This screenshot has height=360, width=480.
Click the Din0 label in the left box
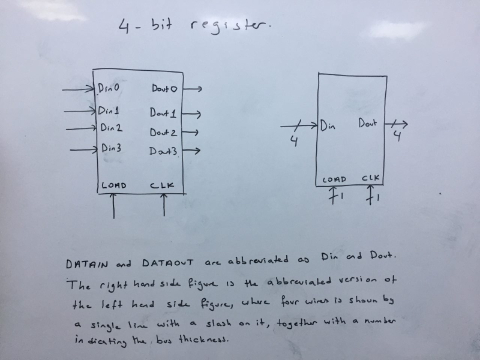(109, 88)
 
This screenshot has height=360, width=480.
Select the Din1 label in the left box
(109, 110)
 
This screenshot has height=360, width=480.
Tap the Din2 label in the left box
(111, 127)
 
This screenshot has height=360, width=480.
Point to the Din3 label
(112, 147)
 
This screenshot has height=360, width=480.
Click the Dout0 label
(164, 89)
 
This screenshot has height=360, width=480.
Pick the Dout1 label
(163, 112)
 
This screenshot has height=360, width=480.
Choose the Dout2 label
(163, 132)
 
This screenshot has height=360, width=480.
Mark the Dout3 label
(163, 152)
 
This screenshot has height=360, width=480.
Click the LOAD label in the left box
(114, 185)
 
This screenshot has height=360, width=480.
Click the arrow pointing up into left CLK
(163, 205)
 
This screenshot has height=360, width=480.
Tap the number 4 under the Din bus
(294, 141)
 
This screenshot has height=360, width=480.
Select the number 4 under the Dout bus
(397, 136)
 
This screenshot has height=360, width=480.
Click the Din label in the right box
(328, 126)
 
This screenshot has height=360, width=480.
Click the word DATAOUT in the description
(167, 263)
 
